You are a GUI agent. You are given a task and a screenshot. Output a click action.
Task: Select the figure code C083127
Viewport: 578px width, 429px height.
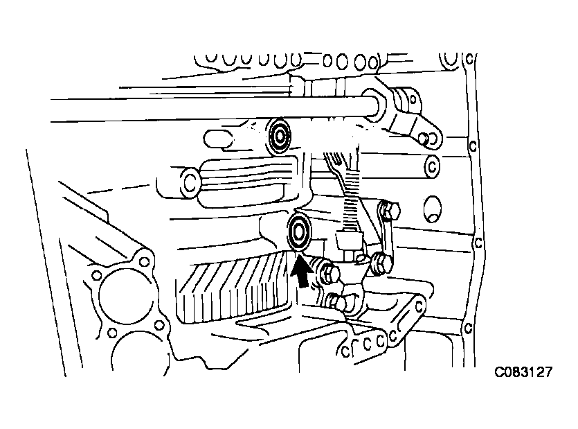tap(523, 371)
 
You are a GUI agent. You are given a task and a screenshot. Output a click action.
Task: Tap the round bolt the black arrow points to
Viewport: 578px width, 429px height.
tap(299, 231)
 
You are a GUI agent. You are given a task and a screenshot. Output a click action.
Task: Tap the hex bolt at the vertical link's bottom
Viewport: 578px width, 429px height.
tap(382, 261)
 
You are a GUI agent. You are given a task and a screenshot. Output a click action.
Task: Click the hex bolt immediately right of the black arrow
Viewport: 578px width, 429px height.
tap(330, 273)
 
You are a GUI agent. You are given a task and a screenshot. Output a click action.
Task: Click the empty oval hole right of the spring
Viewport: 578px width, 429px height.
tap(433, 209)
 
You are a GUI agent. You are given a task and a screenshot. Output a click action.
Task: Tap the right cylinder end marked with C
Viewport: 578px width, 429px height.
tap(433, 166)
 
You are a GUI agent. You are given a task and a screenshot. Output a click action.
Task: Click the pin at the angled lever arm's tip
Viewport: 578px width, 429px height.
tap(423, 138)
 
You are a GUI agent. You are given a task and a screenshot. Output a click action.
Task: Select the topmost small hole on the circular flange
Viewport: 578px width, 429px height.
tap(144, 261)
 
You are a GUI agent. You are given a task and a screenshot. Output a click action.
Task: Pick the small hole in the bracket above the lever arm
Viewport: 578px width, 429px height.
tap(413, 100)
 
